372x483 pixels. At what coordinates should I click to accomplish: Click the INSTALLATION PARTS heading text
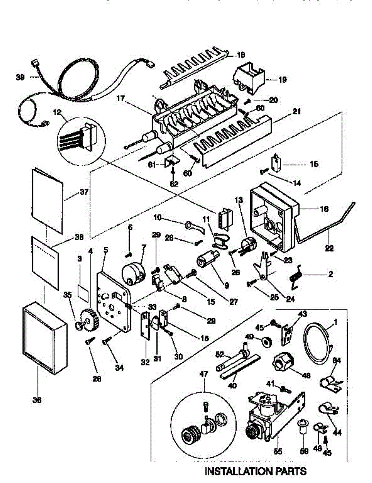click(x=256, y=471)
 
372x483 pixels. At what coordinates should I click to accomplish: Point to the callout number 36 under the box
click(x=37, y=400)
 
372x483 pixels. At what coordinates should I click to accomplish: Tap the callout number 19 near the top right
click(x=282, y=80)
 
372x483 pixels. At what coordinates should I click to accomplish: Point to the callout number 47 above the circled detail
click(x=204, y=374)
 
